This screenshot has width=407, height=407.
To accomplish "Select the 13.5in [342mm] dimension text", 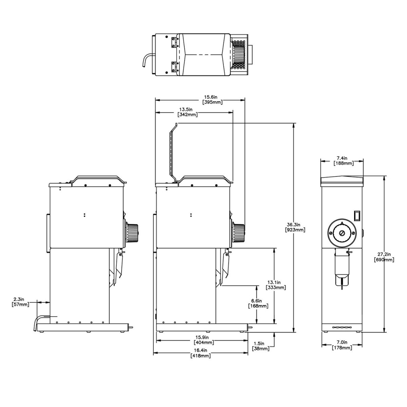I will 188,112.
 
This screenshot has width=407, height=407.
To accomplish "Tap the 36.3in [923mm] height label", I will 295,227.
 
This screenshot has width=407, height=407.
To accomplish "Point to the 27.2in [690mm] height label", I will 384,257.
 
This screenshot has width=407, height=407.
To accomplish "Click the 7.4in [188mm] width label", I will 341,160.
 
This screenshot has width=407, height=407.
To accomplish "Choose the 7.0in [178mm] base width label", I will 341,345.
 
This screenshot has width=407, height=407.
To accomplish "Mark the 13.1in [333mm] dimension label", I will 275,284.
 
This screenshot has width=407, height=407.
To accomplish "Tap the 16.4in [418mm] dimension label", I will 200,353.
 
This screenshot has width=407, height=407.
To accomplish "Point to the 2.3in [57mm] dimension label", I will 20,302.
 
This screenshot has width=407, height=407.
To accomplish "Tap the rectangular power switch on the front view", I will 357,215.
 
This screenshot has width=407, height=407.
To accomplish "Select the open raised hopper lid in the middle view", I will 173,153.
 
